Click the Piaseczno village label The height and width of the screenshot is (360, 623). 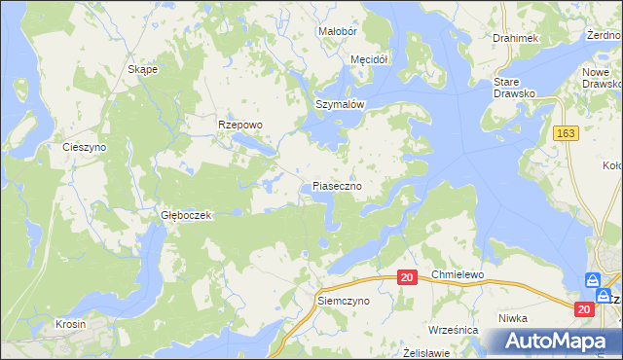[338, 185]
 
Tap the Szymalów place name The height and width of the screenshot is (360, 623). [339, 104]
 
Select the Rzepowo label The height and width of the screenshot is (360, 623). [240, 125]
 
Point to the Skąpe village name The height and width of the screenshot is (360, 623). [143, 70]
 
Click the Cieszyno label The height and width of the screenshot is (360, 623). [84, 147]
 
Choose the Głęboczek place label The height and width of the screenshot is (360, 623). [186, 214]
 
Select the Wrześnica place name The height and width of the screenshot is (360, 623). [453, 330]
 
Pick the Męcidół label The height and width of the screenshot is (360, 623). [369, 59]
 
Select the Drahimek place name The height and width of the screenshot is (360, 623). [515, 38]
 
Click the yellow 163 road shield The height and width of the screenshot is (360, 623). [567, 132]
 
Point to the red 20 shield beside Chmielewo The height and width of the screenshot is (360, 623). [408, 277]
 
